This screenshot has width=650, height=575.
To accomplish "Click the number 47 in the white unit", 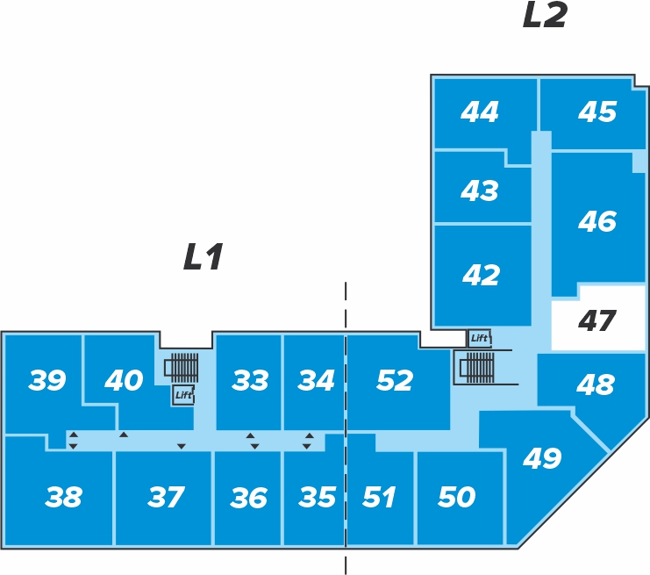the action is pos(596,320).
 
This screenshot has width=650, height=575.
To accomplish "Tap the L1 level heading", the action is pos(204,257).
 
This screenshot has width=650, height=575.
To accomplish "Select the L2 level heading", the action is pos(545,15).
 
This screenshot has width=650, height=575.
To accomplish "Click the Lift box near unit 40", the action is pos(183,394).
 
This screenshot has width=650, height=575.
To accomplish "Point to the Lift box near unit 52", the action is pos(479,338).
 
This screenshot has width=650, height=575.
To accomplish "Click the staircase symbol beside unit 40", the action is pos(182,368).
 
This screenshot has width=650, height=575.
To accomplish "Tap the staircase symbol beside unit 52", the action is pos(476,367).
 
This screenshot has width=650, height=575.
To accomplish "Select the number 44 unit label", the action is pos(480,111).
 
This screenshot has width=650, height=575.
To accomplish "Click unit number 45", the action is pos(597,111).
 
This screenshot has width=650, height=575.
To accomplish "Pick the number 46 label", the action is pos(597,220).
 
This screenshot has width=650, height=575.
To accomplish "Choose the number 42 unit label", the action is pos(481,275).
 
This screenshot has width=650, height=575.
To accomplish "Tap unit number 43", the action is pos(480,190).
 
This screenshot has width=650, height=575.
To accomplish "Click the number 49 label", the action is pos(542,458).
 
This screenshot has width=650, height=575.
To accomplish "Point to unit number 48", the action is pos(596,385).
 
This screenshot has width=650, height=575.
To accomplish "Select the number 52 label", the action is pos(395,380).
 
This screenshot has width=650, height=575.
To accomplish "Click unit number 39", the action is pos(46,380).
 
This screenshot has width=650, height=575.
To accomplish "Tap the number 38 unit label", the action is pos(63,497).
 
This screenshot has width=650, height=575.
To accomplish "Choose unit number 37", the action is pos(166,497).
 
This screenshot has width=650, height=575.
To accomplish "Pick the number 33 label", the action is pos(250,380).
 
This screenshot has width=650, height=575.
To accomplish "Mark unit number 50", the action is pos(456,497).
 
